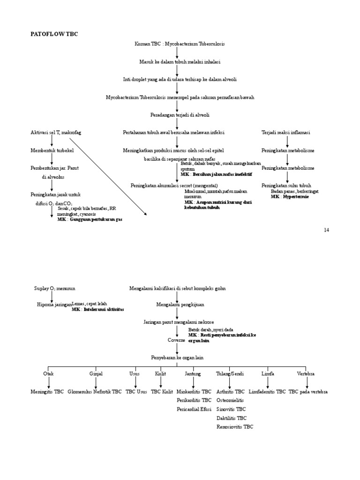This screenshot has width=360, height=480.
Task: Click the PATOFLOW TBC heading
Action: coord(54,34)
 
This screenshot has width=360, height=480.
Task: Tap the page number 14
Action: coord(327,230)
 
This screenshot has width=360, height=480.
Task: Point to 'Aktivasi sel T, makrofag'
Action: coord(56,133)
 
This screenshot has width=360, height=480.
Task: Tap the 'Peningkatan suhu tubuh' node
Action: coord(286,186)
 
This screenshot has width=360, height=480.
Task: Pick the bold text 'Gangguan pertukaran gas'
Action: coord(96,219)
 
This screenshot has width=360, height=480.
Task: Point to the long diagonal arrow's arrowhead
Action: coord(146,214)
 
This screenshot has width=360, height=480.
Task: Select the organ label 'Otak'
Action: coord(48,374)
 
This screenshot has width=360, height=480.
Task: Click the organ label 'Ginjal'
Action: coord(96,374)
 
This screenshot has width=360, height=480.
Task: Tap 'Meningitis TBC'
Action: coord(47,391)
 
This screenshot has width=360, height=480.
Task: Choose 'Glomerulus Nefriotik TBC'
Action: coord(95,391)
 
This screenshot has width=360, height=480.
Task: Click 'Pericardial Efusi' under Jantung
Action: coord(194,409)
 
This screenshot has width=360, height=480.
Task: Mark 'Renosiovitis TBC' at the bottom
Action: coord(234,427)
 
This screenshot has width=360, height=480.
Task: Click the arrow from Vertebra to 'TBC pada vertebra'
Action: coord(307,382)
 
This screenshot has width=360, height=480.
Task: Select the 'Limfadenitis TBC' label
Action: coord(267,391)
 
